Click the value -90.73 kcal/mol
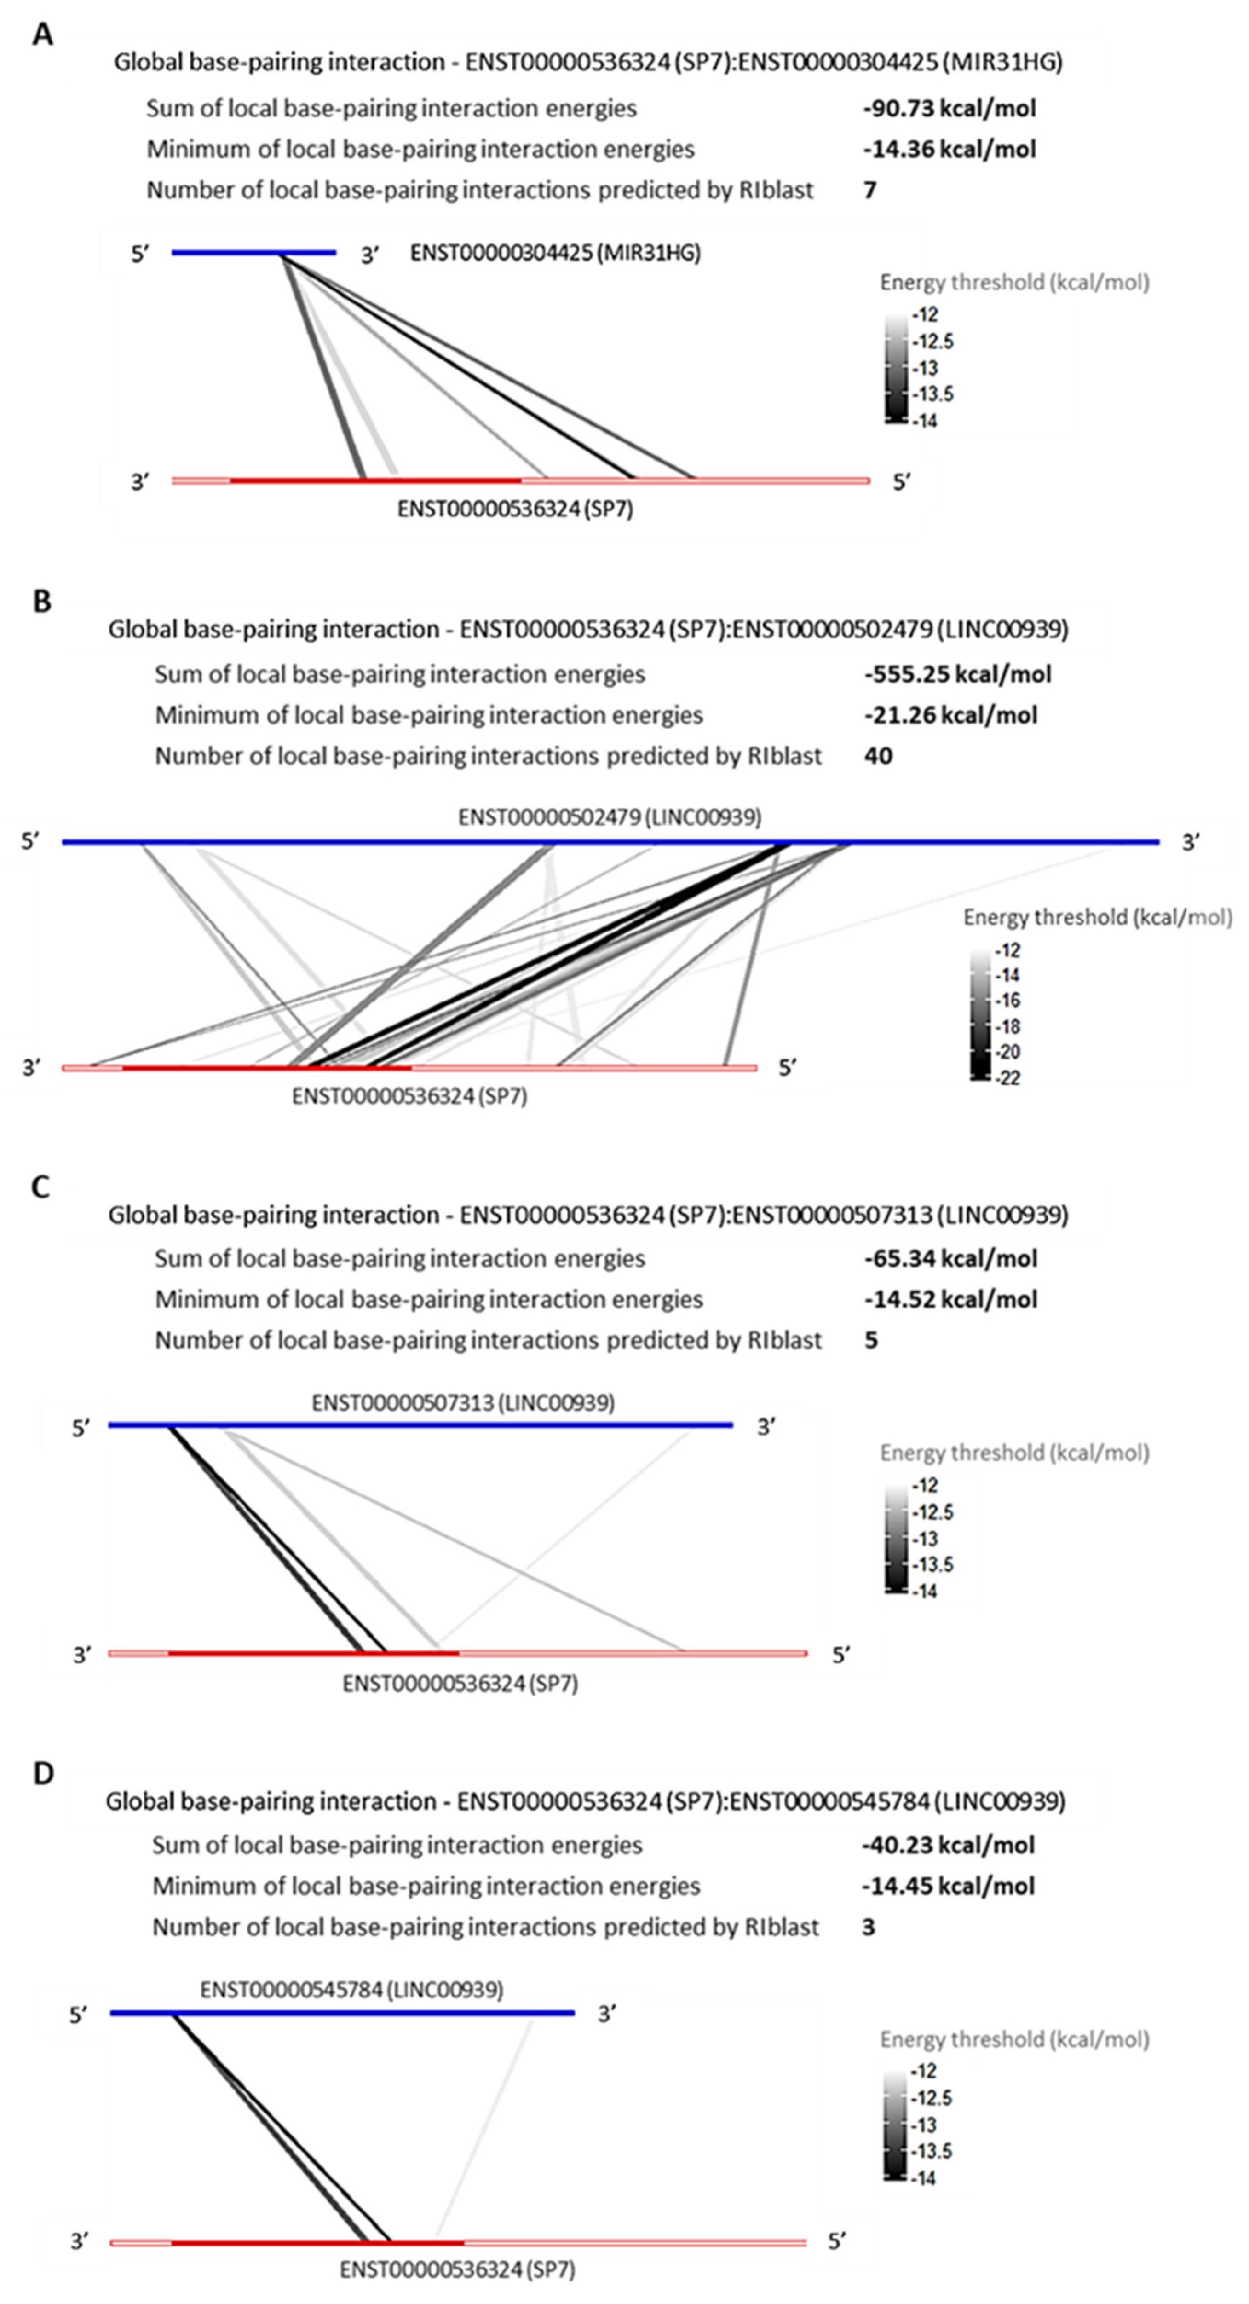(949, 108)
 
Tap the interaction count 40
(878, 756)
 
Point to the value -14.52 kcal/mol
(950, 1299)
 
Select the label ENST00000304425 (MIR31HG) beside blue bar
(554, 253)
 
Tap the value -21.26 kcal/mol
(950, 715)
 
